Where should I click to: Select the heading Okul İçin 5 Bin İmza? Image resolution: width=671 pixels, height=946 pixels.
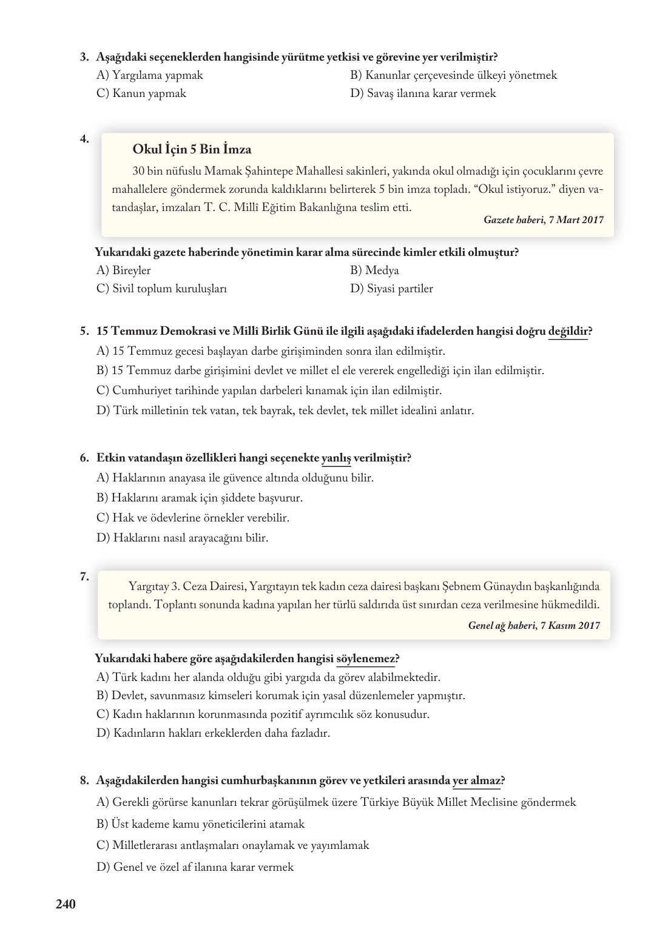pyautogui.click(x=191, y=149)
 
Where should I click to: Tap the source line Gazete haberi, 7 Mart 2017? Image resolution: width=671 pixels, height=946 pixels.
pyautogui.click(x=543, y=220)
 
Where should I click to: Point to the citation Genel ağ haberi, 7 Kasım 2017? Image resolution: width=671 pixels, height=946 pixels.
pyautogui.click(x=534, y=625)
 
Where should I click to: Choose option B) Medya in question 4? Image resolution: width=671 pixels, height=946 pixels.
pyautogui.click(x=374, y=270)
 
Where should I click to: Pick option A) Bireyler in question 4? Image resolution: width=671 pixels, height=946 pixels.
pyautogui.click(x=123, y=270)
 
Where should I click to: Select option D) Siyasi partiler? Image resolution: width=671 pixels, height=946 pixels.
pyautogui.click(x=391, y=289)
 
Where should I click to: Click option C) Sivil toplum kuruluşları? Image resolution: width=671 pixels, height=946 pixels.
pyautogui.click(x=161, y=289)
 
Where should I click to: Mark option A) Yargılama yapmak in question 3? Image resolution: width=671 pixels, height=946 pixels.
pyautogui.click(x=149, y=75)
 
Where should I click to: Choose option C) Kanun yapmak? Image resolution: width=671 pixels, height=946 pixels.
pyautogui.click(x=141, y=93)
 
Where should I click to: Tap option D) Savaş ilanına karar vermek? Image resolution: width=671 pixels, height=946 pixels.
pyautogui.click(x=423, y=93)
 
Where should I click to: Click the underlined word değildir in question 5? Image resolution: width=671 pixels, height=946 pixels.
pyautogui.click(x=567, y=331)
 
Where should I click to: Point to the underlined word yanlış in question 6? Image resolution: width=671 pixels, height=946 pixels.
pyautogui.click(x=335, y=458)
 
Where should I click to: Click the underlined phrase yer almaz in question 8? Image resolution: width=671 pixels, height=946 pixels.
pyautogui.click(x=476, y=780)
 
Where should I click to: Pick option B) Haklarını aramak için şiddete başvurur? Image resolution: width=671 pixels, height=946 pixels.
pyautogui.click(x=199, y=498)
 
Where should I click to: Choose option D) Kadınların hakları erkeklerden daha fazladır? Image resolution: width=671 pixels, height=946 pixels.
pyautogui.click(x=213, y=733)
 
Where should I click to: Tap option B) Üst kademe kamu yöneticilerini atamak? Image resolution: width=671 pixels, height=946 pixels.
pyautogui.click(x=200, y=824)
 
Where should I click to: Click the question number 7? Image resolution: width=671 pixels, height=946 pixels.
pyautogui.click(x=84, y=577)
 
